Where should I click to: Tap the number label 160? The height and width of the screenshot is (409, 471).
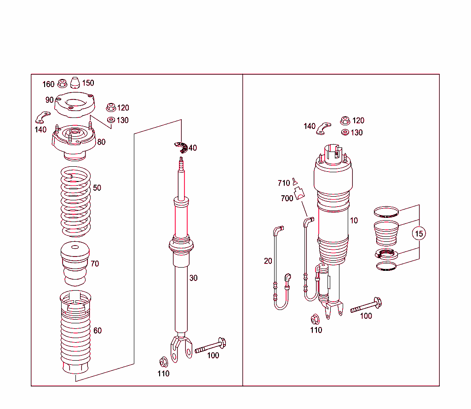tap(48, 84)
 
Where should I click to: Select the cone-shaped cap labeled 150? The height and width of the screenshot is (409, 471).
tap(75, 83)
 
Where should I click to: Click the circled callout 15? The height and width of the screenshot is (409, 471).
tap(419, 234)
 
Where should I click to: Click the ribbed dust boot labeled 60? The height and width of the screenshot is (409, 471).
tap(75, 332)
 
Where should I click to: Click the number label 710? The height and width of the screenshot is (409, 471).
tap(284, 183)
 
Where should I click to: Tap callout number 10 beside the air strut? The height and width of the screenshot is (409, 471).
tap(353, 221)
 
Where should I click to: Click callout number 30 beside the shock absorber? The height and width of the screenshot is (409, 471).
tap(194, 278)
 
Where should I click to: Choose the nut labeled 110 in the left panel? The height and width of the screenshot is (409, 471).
tap(163, 361)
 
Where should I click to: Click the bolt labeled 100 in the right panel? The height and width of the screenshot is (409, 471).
tap(366, 305)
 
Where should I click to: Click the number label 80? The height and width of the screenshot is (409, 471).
tap(101, 142)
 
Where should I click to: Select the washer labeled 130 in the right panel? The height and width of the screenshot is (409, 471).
tap(345, 133)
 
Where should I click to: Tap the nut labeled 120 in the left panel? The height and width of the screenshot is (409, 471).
tap(110, 107)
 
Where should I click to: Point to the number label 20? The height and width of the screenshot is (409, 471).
tap(268, 261)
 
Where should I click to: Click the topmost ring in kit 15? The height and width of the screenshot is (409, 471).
tap(385, 212)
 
